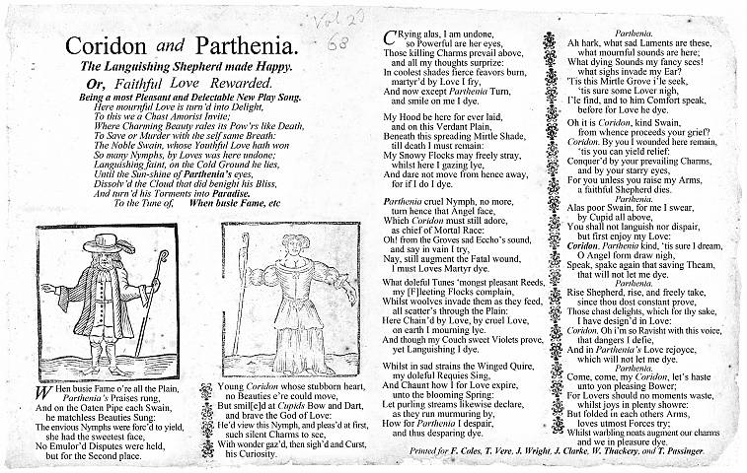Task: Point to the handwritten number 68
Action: click(336, 43)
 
